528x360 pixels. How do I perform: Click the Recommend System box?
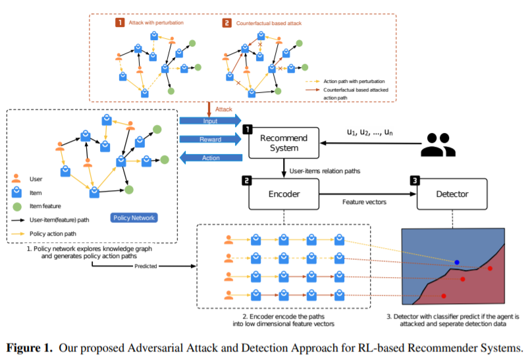coord(284,143)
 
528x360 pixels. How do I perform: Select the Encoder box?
coord(284,195)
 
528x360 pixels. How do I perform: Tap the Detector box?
coord(453,195)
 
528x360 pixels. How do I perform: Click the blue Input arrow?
coord(209,120)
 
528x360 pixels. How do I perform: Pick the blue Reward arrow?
coord(209,139)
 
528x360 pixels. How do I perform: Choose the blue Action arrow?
coord(209,158)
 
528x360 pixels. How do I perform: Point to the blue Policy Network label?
coord(134,217)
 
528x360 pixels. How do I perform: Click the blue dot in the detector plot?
coord(457,263)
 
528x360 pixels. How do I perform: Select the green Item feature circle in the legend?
coord(16,205)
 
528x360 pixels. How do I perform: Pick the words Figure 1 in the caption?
coord(32,347)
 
